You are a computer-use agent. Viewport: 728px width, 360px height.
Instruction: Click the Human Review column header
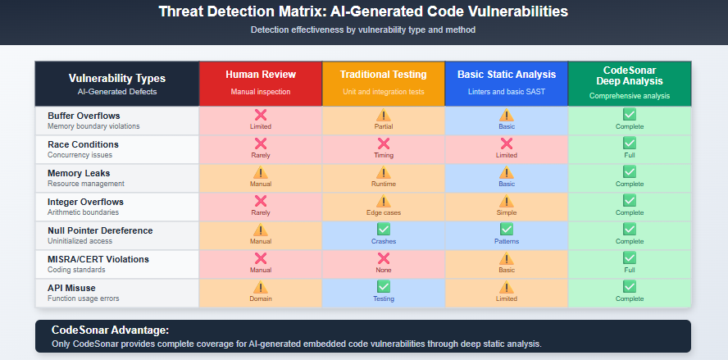click(x=261, y=75)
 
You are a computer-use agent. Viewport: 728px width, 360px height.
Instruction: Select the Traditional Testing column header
click(x=383, y=75)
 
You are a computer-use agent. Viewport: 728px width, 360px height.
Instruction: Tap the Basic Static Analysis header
click(x=506, y=75)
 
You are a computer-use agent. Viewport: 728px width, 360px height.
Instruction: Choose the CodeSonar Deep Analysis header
click(x=629, y=75)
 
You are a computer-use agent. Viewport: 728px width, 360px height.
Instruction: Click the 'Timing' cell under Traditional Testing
click(x=383, y=149)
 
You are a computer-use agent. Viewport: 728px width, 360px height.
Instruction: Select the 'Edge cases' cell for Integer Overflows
click(x=383, y=207)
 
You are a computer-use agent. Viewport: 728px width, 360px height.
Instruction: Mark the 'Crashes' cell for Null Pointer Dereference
click(x=383, y=235)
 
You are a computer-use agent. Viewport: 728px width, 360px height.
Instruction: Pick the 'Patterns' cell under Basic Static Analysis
click(x=506, y=235)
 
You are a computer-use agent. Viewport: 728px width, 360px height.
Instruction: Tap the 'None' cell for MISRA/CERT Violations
click(x=383, y=264)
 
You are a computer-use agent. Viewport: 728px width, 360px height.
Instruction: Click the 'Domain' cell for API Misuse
click(x=261, y=293)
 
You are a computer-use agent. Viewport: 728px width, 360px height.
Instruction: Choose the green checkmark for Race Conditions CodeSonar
click(x=629, y=144)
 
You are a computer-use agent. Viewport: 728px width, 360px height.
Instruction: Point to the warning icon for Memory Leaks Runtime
click(x=383, y=172)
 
